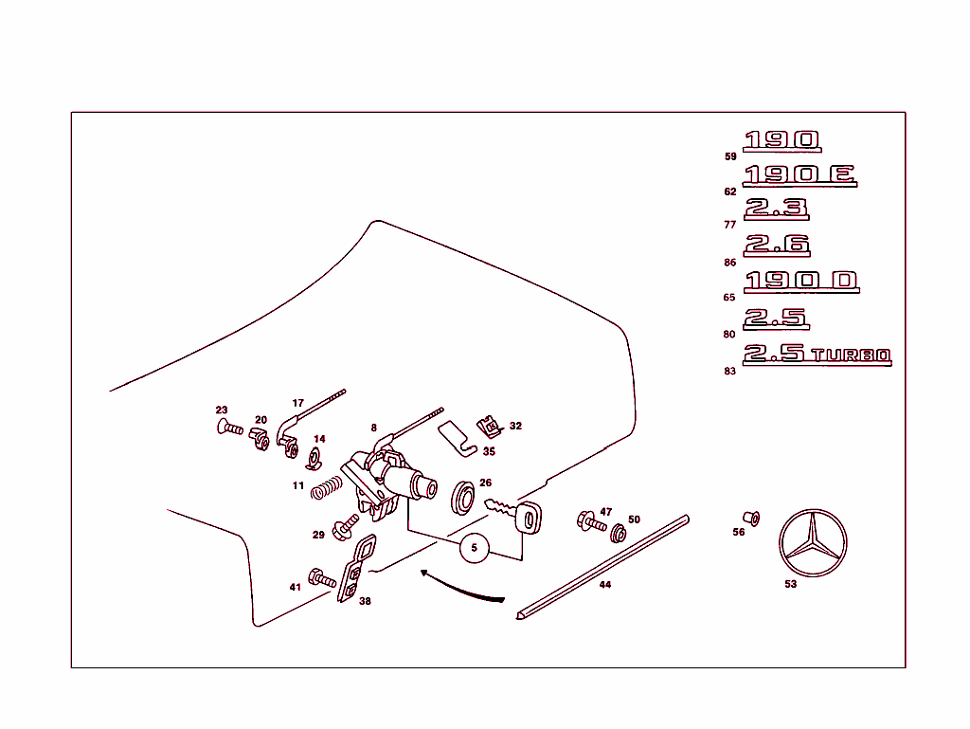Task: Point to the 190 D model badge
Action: tap(801, 282)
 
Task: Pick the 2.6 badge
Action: tap(777, 245)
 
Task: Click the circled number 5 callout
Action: tap(475, 548)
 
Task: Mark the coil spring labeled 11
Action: tap(327, 487)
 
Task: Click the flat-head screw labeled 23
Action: tap(227, 428)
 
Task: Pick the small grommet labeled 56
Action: tap(750, 518)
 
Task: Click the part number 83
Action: tap(729, 372)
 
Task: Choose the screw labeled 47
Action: tap(591, 522)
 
